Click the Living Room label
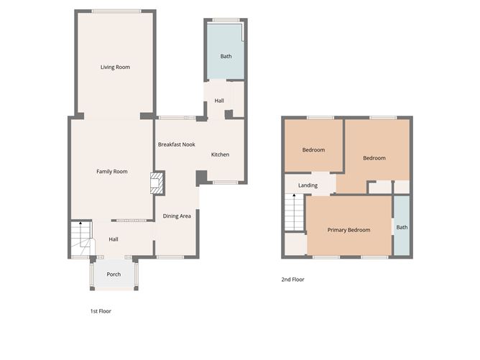click(115, 67)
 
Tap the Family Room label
click(111, 172)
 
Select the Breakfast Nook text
click(176, 144)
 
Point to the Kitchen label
click(220, 154)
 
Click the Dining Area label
click(177, 216)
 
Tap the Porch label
click(114, 274)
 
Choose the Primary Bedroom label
click(349, 230)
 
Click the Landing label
click(308, 185)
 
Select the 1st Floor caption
click(101, 311)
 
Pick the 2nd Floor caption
click(292, 280)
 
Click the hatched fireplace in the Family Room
click(157, 183)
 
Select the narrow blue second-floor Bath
click(402, 226)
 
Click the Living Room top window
click(116, 11)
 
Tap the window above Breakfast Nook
click(177, 118)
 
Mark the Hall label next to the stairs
click(114, 239)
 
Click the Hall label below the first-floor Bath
click(219, 101)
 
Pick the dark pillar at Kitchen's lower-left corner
click(201, 177)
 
